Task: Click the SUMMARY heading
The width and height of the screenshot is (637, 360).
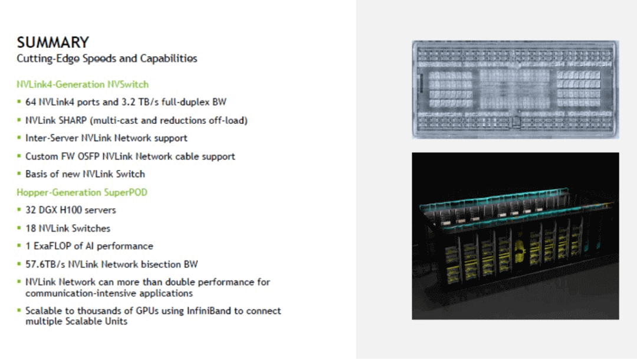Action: pos(52,42)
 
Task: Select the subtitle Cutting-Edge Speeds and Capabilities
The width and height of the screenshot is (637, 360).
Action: pos(107,58)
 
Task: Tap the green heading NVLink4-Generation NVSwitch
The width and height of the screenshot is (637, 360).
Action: pos(83,84)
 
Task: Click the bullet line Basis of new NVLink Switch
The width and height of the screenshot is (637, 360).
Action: pos(85,174)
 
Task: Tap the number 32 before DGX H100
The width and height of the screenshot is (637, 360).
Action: pos(31,210)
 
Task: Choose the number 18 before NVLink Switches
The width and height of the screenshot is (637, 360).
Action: pos(31,228)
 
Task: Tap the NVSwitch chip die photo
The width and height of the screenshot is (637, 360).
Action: pos(515,89)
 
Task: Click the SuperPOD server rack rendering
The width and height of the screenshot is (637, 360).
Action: pos(515,236)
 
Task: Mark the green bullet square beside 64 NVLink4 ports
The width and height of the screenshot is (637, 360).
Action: pos(19,102)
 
